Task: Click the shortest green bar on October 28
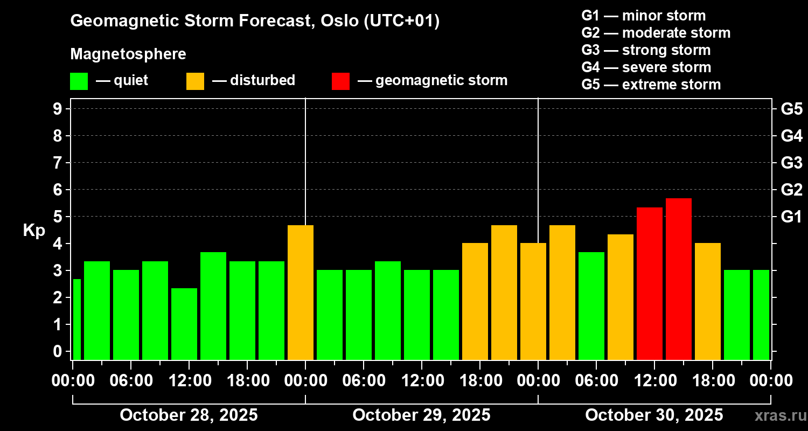click(184, 324)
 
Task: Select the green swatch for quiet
click(79, 81)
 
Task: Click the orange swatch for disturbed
click(195, 81)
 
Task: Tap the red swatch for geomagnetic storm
click(340, 81)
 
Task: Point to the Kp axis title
click(34, 230)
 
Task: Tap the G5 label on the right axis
click(791, 109)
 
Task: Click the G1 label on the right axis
click(791, 217)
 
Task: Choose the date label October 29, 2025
click(421, 415)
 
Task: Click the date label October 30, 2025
click(654, 415)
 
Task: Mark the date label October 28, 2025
click(189, 415)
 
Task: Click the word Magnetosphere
click(128, 54)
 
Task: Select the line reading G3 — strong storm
click(646, 50)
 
